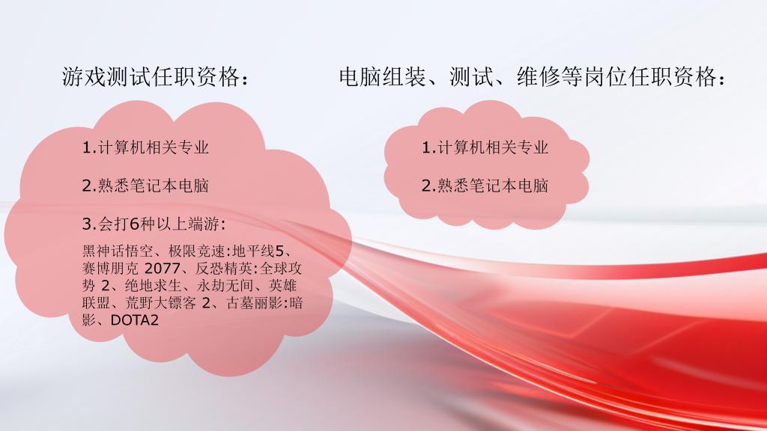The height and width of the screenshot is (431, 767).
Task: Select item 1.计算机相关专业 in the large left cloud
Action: pos(145,147)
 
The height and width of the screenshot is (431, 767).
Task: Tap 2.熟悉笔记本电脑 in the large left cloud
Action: pos(145,186)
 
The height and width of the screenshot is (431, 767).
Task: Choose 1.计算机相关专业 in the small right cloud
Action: pos(485,147)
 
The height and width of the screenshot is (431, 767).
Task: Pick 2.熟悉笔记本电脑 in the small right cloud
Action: pos(485,186)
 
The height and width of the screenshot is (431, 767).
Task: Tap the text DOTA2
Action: pos(135,320)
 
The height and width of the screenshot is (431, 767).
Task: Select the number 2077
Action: pos(162,269)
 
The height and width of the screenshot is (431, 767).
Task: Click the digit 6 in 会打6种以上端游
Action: pos(135,224)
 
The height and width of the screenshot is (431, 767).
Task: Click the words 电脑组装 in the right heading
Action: pos(383,77)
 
